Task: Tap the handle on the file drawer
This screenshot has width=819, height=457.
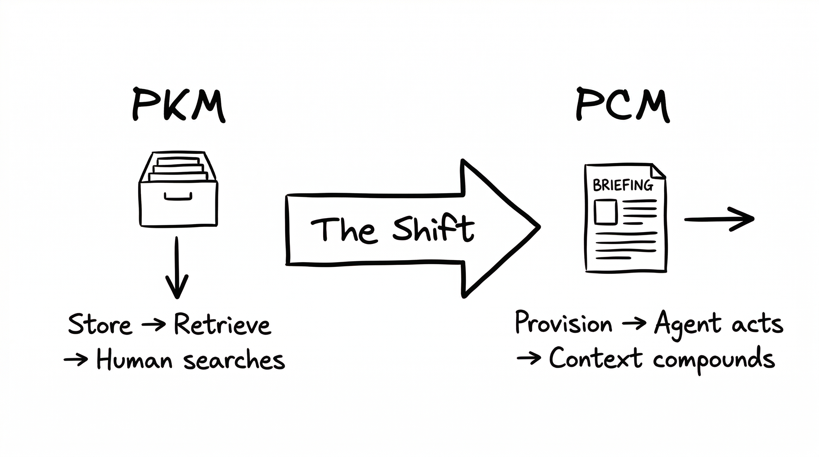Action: coord(178,197)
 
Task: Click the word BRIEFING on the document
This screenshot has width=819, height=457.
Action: coord(623,185)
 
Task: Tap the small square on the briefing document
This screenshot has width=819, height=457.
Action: coord(605,212)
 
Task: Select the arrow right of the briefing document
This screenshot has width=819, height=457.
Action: coord(719,219)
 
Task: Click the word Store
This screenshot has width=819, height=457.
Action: coord(99,325)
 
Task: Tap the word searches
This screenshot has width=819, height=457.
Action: coord(234,361)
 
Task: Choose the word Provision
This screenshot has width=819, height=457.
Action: coord(563,323)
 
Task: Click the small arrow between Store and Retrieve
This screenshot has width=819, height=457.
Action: coord(153,325)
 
